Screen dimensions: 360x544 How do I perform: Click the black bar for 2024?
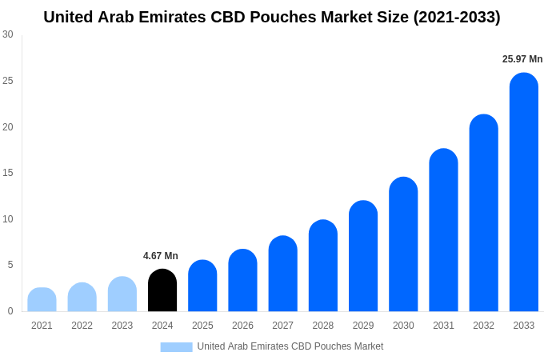click(162, 291)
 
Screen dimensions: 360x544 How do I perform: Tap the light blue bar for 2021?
click(42, 300)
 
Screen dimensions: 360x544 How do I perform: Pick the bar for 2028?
click(322, 266)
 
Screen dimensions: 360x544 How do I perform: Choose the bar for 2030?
click(403, 245)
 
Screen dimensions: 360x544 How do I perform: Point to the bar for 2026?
click(242, 281)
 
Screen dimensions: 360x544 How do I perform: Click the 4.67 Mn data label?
click(161, 256)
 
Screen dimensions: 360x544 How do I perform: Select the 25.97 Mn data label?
click(522, 59)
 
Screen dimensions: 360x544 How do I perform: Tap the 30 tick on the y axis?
click(8, 34)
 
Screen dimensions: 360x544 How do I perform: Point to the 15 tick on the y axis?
click(8, 173)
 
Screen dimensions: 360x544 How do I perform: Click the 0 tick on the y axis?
click(10, 311)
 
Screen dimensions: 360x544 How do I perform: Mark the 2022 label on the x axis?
click(82, 326)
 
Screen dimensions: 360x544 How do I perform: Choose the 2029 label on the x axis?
click(362, 326)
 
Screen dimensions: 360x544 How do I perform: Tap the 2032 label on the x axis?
click(483, 326)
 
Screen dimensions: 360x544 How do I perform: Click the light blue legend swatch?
click(176, 346)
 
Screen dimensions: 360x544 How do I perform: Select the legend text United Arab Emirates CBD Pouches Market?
click(290, 346)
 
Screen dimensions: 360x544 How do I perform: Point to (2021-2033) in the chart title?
click(457, 17)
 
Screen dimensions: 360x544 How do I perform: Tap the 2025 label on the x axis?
click(202, 326)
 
